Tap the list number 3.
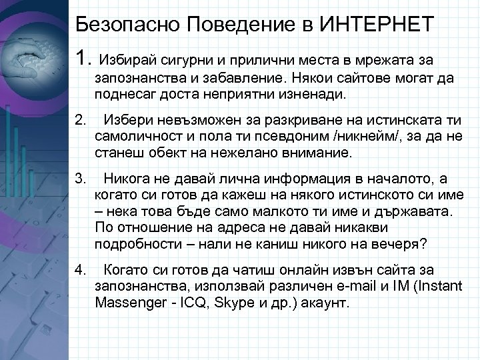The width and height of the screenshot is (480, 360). click(81, 179)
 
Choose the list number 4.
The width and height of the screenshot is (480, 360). click(81, 270)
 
